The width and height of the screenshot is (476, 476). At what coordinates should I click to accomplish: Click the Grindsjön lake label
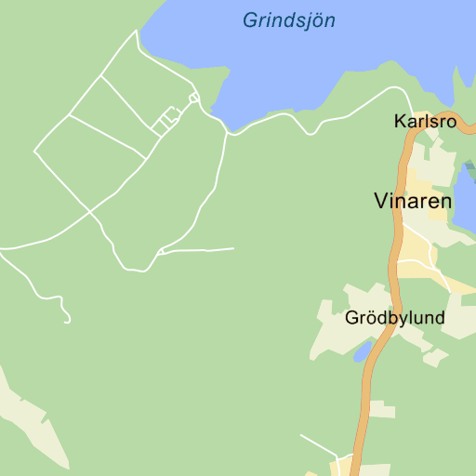click(x=288, y=20)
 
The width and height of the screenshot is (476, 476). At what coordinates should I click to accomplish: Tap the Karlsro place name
click(x=425, y=122)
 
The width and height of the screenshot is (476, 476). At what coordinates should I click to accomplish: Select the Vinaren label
click(x=413, y=201)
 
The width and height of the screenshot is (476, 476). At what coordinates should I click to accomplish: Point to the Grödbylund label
click(x=394, y=318)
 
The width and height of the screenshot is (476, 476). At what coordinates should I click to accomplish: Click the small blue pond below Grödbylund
click(x=363, y=351)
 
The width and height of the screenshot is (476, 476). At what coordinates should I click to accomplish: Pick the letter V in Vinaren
click(x=380, y=201)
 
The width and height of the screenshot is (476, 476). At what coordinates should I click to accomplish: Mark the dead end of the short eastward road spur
click(x=232, y=248)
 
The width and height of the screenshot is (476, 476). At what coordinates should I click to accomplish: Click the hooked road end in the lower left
click(x=68, y=319)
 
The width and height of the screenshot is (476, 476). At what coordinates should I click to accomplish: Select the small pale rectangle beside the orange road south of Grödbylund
click(x=381, y=409)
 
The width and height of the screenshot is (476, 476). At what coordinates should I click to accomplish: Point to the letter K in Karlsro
click(x=400, y=122)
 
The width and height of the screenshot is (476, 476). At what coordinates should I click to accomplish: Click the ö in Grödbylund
click(x=370, y=318)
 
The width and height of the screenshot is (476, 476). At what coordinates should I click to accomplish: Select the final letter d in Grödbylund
click(x=439, y=318)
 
